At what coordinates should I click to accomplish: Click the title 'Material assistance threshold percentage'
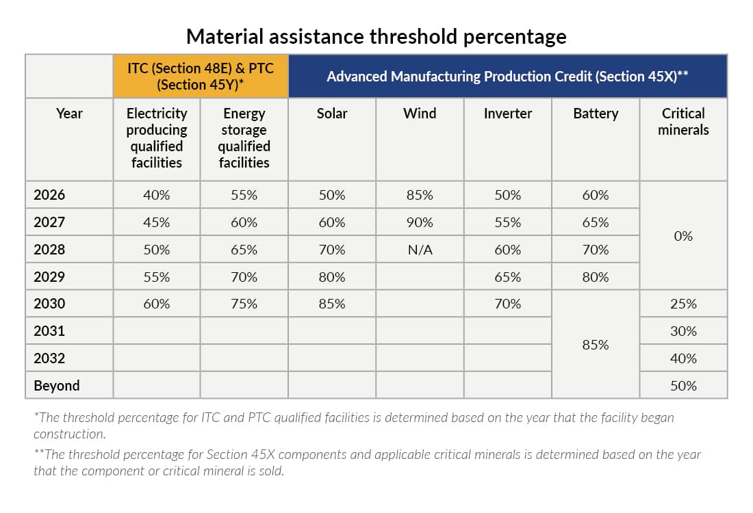(x=376, y=36)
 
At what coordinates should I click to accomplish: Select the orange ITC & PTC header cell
(x=201, y=76)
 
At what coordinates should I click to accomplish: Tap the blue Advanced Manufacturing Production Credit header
(x=507, y=76)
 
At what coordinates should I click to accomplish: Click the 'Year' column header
(x=69, y=114)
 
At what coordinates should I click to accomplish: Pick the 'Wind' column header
(x=420, y=114)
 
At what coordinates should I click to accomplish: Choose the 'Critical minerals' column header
(x=683, y=122)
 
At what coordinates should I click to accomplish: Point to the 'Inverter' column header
(x=507, y=114)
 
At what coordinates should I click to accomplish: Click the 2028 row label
(x=49, y=250)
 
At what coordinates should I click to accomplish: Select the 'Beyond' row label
(x=57, y=386)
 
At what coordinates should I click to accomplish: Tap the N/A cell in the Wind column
(x=420, y=250)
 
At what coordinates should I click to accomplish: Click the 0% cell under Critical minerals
(x=683, y=236)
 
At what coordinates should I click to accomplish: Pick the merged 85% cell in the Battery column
(x=596, y=345)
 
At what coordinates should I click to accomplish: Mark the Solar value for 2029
(x=332, y=277)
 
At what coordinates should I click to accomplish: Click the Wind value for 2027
(x=420, y=222)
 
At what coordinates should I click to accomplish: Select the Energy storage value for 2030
(x=244, y=304)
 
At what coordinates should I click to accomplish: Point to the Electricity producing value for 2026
(x=157, y=195)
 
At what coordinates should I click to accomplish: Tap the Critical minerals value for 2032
(x=683, y=358)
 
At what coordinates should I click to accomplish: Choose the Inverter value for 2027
(x=507, y=222)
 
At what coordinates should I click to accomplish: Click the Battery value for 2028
(x=596, y=250)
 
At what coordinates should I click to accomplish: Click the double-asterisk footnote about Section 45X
(x=367, y=462)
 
